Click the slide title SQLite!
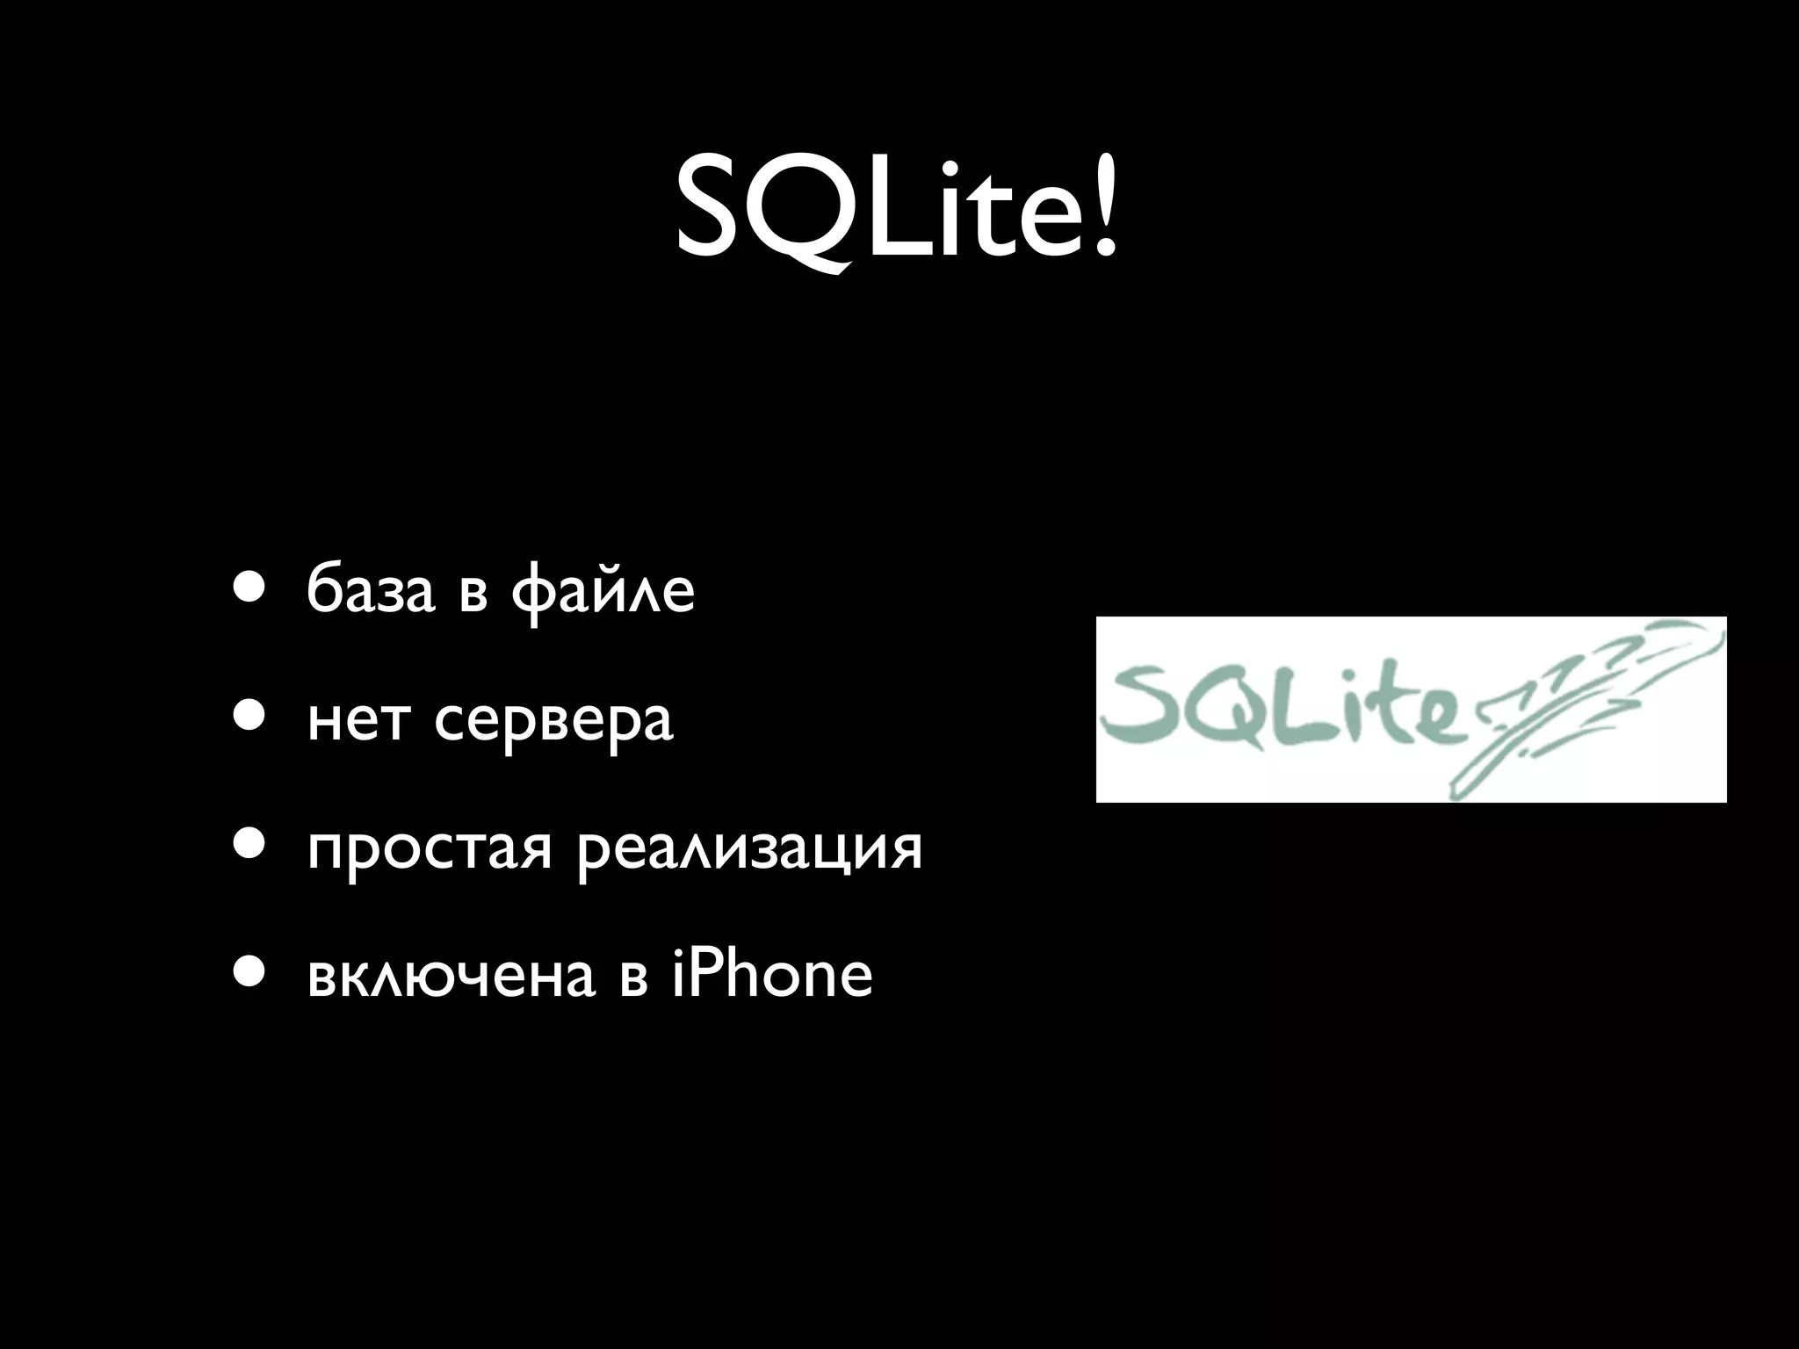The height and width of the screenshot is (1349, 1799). [x=898, y=211]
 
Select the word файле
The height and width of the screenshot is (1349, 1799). [x=603, y=593]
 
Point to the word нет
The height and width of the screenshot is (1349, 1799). [x=358, y=722]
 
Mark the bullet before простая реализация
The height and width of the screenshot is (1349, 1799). [x=247, y=843]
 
